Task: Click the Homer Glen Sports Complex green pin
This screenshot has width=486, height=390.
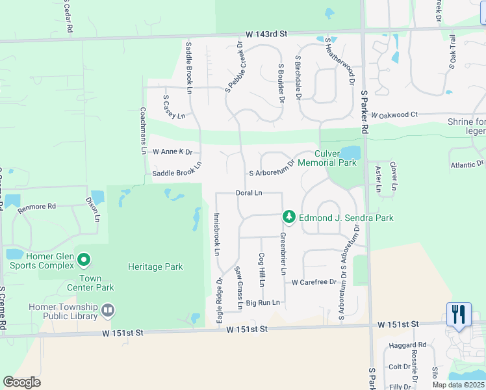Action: [x=83, y=261]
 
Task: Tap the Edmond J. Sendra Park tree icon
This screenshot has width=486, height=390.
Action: [x=288, y=216]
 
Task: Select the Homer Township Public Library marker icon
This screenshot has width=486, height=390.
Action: [x=108, y=311]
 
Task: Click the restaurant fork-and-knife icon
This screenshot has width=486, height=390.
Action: [x=459, y=315]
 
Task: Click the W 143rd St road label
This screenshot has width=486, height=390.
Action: [x=266, y=34]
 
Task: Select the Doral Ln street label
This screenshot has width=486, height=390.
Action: [x=249, y=193]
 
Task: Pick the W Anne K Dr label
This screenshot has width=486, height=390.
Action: [x=172, y=151]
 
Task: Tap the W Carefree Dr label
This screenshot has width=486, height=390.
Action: [x=314, y=282]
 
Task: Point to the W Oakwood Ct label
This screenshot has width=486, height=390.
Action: [x=394, y=114]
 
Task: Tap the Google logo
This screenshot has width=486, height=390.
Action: [x=21, y=382]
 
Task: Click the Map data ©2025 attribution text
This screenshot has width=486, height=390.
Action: [x=459, y=385]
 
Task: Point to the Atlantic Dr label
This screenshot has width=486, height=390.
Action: [x=467, y=165]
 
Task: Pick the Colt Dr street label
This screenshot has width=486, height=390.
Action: [x=399, y=367]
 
